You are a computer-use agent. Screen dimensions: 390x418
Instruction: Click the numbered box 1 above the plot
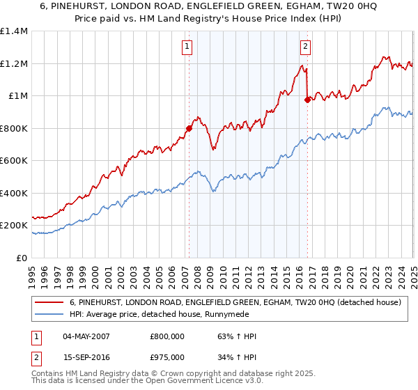coord(188,47)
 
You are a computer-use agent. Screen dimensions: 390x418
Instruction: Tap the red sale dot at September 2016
coord(307,100)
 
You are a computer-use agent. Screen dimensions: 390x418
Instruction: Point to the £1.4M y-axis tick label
coord(14,31)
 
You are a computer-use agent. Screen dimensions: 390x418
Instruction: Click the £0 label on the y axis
coord(22,258)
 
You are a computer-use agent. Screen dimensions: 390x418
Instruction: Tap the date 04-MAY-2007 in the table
coord(87,336)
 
